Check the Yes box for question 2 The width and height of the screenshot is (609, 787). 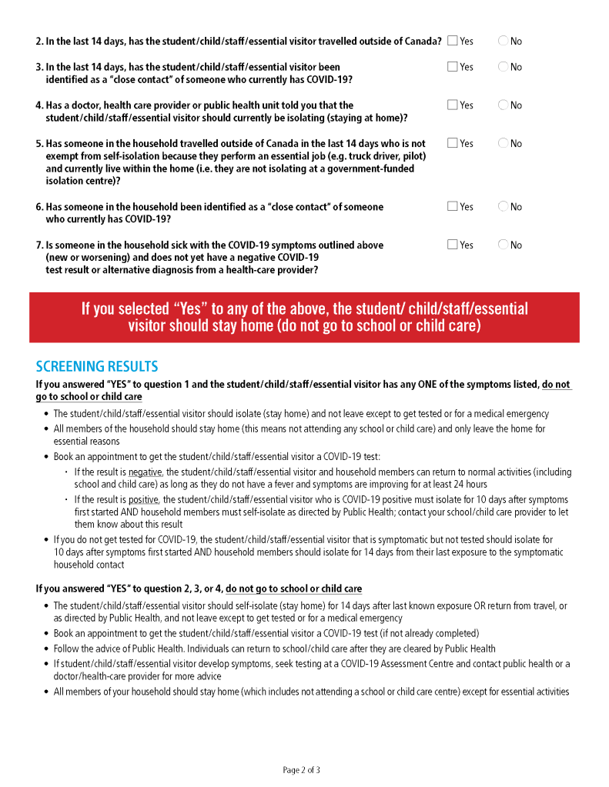click(x=452, y=41)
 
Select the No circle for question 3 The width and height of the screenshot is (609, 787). click(x=503, y=67)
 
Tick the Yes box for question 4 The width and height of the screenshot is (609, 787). click(x=452, y=105)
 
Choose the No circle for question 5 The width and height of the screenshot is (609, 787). click(x=503, y=143)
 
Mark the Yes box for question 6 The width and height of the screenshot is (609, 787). click(x=452, y=206)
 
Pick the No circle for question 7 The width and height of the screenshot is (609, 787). click(x=503, y=245)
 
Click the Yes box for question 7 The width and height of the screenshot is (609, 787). click(x=452, y=245)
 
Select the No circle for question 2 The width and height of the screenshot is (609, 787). click(x=503, y=41)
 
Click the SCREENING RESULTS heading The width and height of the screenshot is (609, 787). click(x=97, y=366)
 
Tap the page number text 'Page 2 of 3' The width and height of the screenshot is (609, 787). click(x=301, y=769)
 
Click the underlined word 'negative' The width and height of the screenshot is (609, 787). click(x=145, y=472)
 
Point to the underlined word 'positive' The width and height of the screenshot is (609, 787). click(x=143, y=499)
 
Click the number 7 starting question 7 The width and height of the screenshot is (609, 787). click(x=38, y=245)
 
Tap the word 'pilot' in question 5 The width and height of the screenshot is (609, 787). click(x=413, y=156)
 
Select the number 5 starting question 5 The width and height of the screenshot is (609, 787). click(x=38, y=144)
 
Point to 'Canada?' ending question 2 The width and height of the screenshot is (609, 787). click(x=423, y=41)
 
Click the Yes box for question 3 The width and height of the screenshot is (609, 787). click(x=452, y=67)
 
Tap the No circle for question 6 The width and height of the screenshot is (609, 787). click(x=503, y=206)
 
